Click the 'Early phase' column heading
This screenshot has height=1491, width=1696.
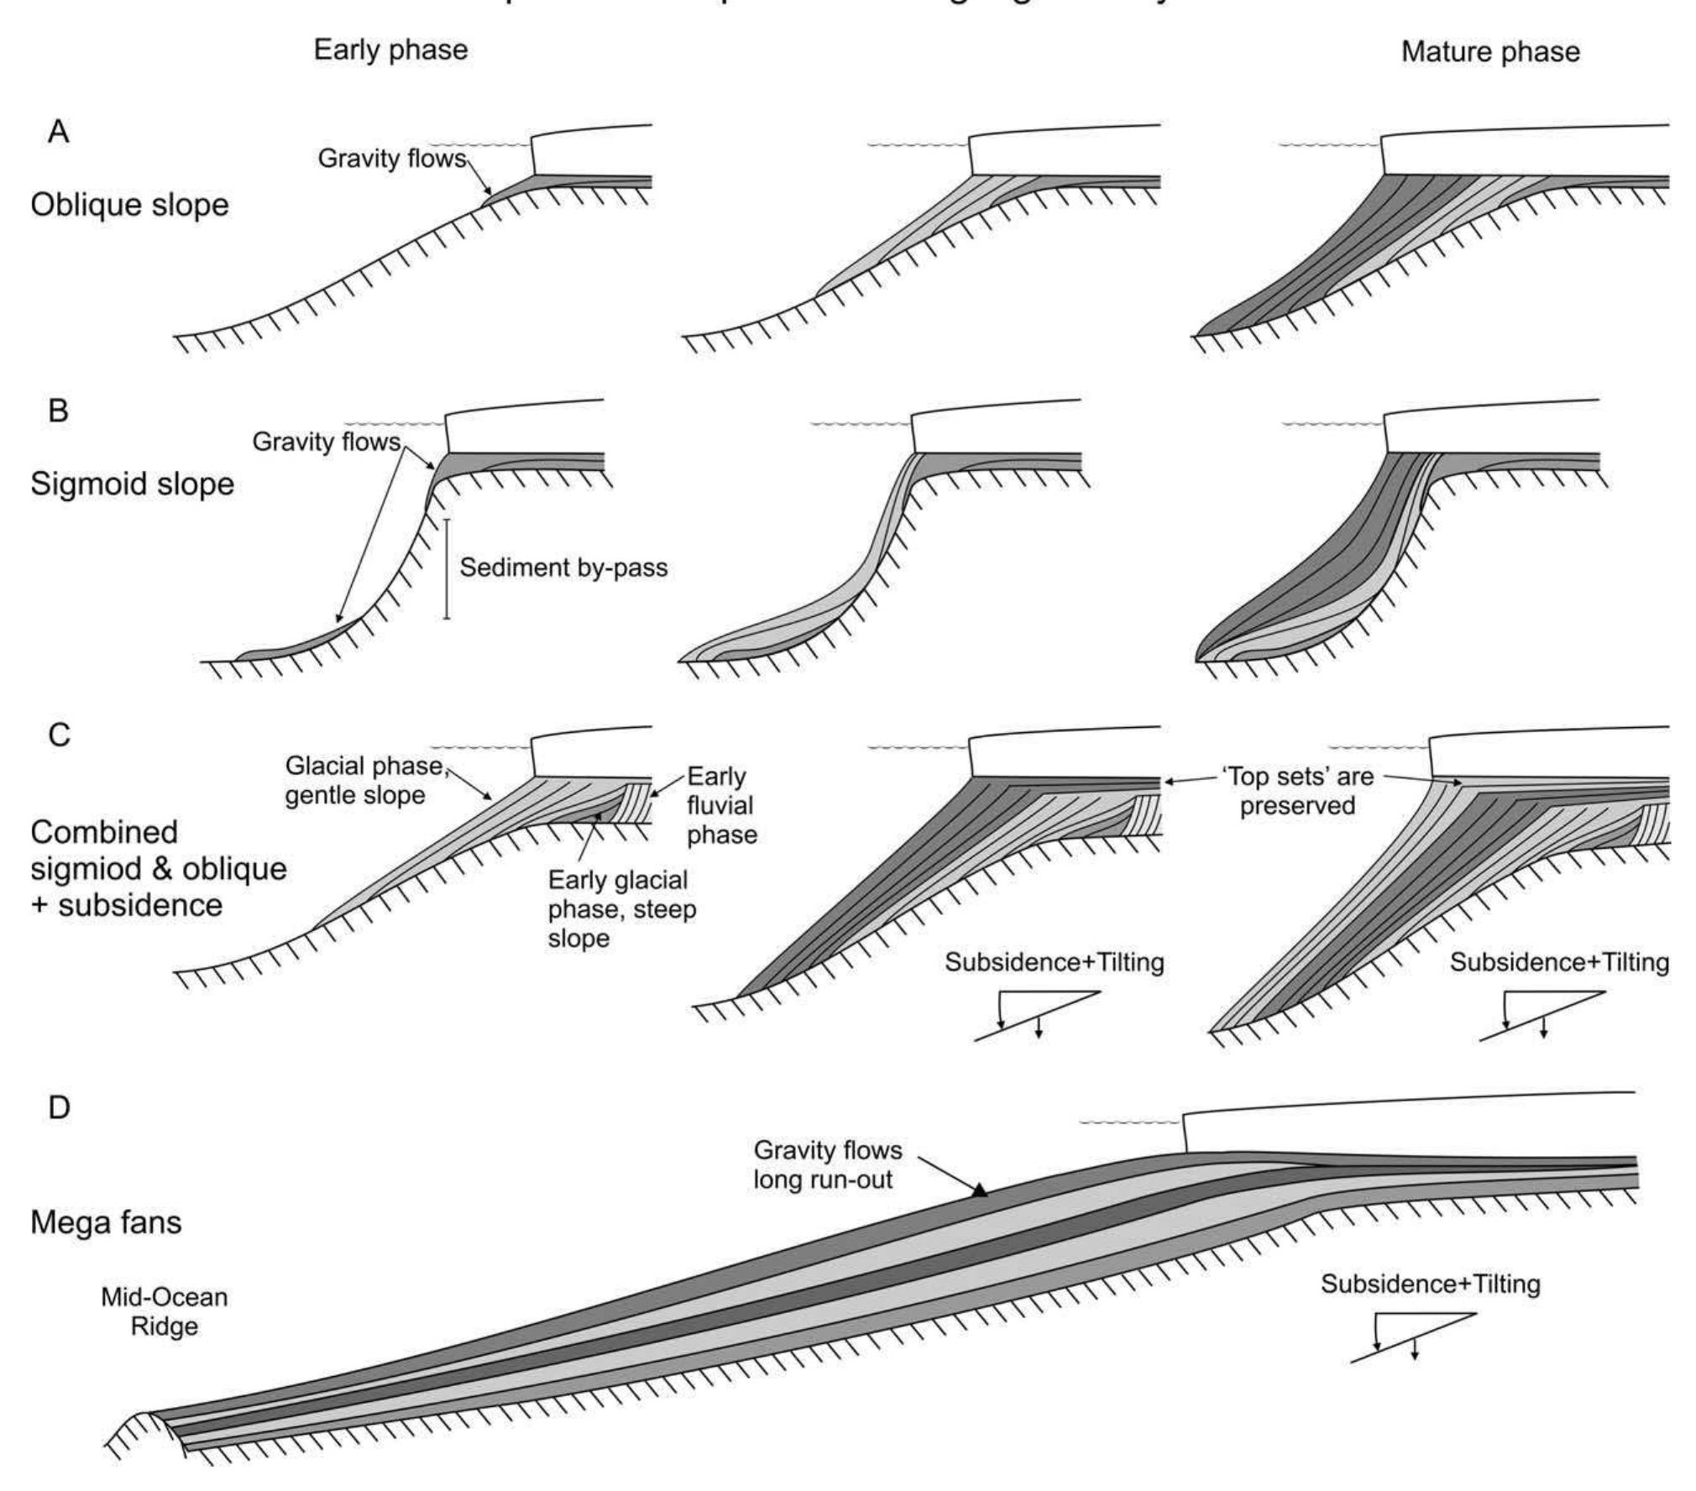click(x=390, y=50)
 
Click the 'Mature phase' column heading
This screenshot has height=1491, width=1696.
click(x=1490, y=52)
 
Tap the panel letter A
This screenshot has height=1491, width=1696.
click(x=58, y=132)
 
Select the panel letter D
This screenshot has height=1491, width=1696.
click(x=59, y=1107)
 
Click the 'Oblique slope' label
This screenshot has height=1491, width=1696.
click(x=129, y=204)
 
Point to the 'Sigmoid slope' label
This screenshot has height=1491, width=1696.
click(x=132, y=484)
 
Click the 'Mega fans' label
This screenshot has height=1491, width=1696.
click(x=106, y=1222)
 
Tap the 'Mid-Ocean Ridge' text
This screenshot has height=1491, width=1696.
click(x=165, y=1311)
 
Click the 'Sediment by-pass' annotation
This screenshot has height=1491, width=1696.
click(x=563, y=568)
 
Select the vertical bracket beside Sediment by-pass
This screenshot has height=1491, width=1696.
click(x=447, y=569)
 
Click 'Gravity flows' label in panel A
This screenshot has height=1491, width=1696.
click(x=391, y=158)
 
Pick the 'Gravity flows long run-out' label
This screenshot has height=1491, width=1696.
click(x=827, y=1164)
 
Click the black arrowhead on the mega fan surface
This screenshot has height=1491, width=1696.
click(x=979, y=1190)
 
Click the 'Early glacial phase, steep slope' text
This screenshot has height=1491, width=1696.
click(x=622, y=908)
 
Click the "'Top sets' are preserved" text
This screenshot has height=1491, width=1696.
click(x=1296, y=791)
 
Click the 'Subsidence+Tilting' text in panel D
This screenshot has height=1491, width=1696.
click(x=1430, y=1284)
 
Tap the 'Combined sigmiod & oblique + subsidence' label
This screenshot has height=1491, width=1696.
click(x=158, y=868)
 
